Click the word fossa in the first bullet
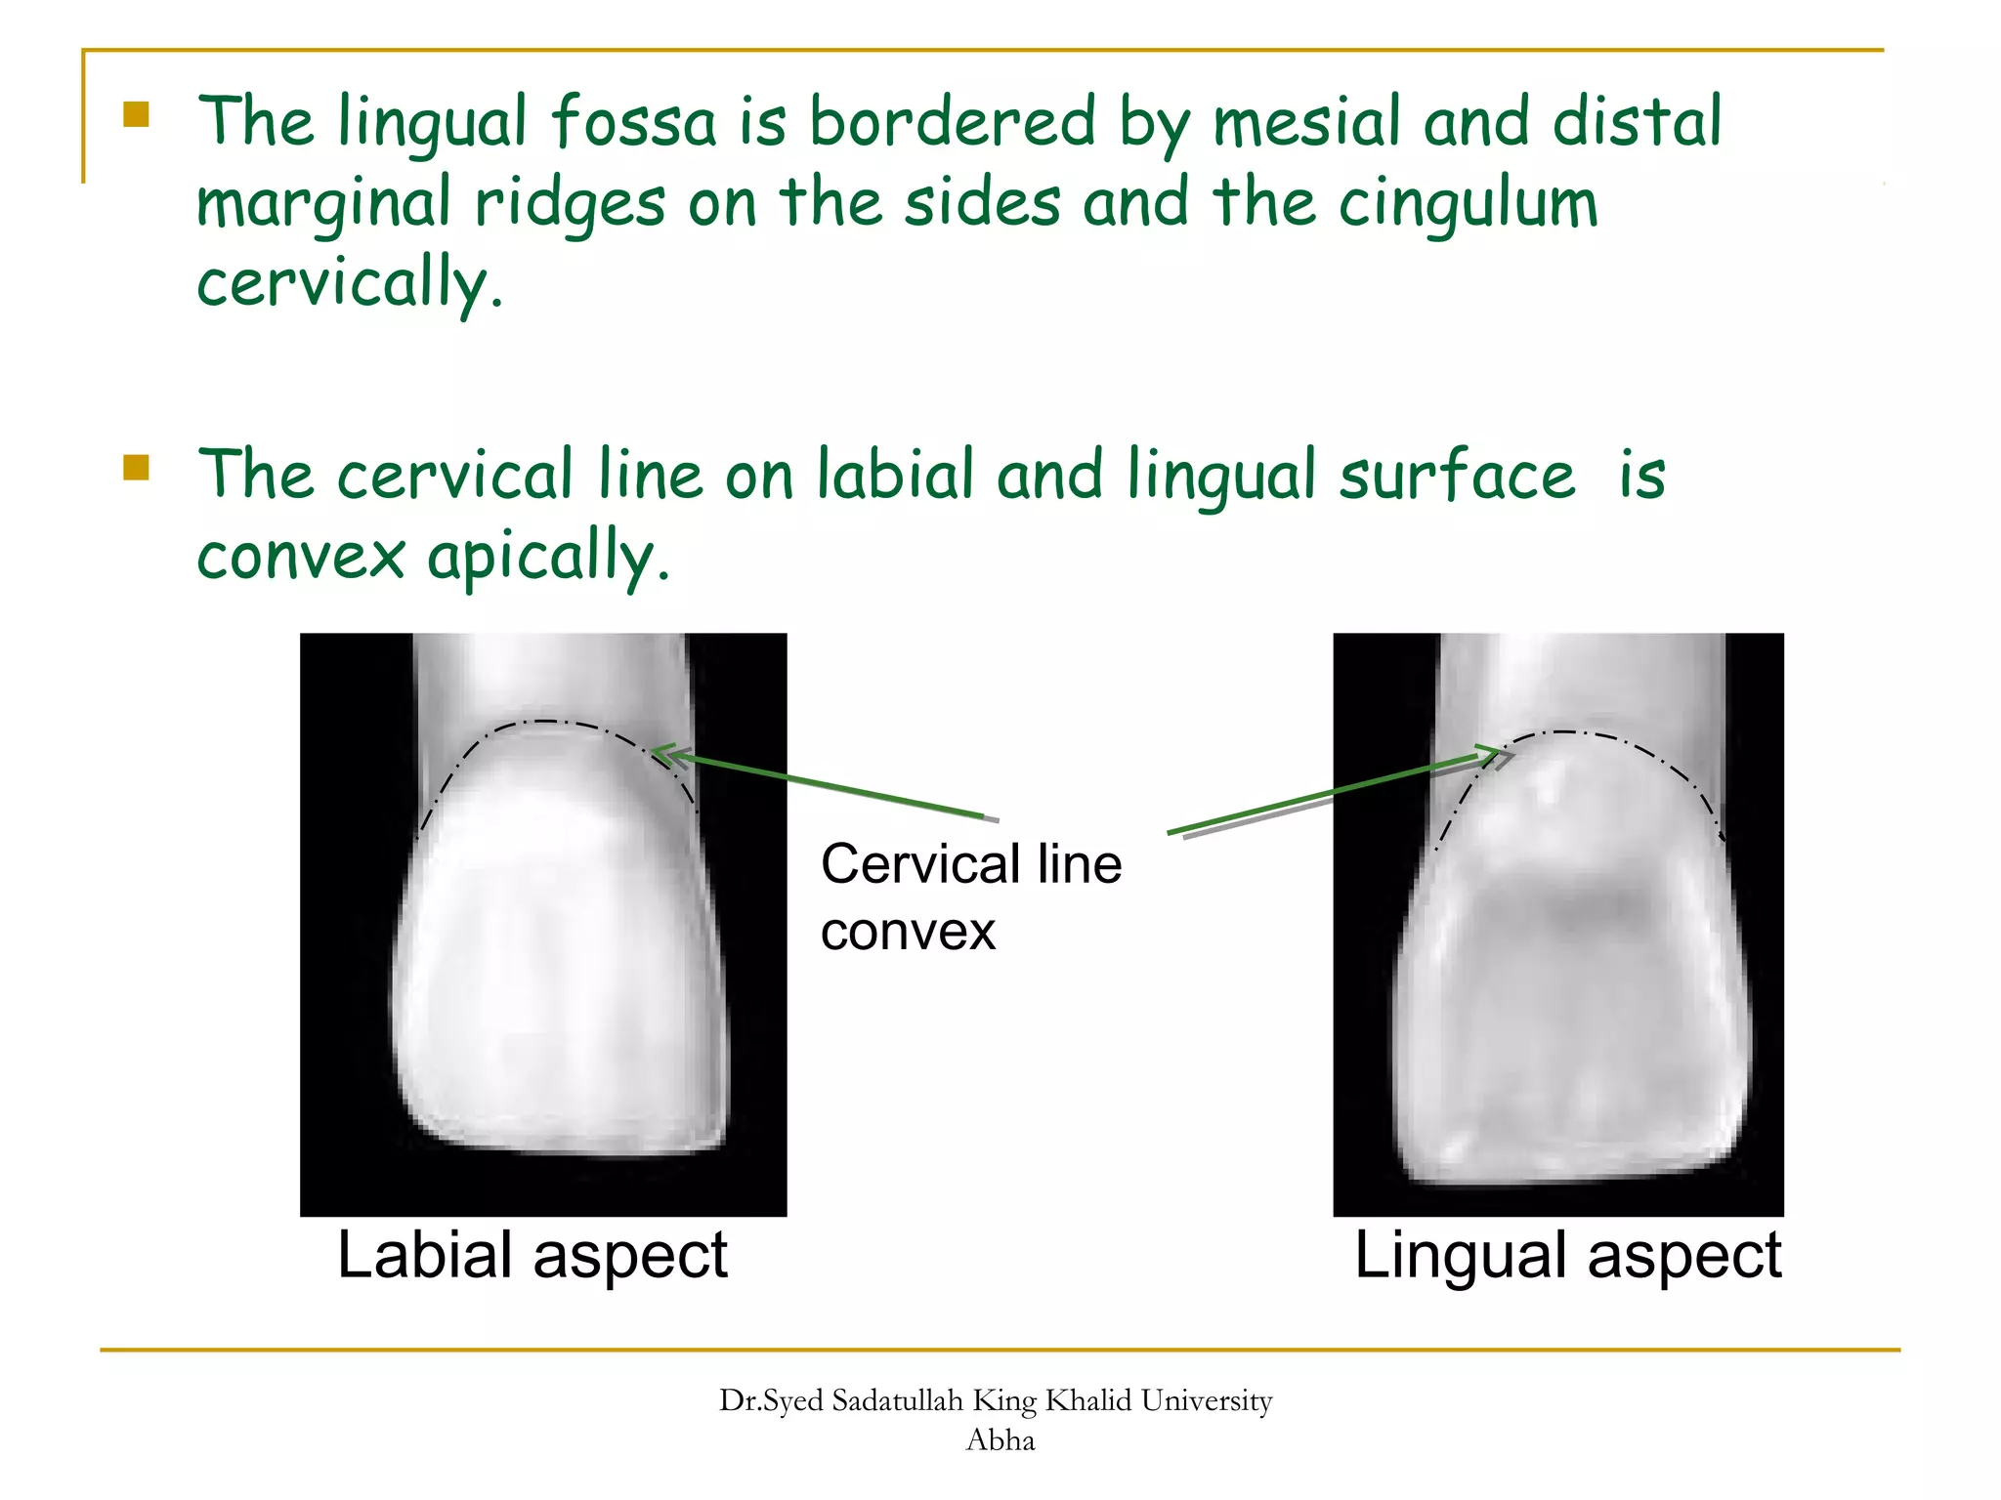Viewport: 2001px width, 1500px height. click(x=633, y=123)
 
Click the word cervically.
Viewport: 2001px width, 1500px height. click(x=350, y=283)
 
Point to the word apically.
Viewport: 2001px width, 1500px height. click(x=547, y=559)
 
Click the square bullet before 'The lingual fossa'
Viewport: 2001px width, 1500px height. click(x=137, y=115)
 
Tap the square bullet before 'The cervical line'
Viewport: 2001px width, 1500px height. click(x=137, y=468)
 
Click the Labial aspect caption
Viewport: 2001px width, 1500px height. click(x=532, y=1255)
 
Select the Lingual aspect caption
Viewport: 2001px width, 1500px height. click(x=1567, y=1255)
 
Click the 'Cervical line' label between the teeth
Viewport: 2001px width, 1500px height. click(x=970, y=864)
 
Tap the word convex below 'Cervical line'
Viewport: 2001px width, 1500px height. click(x=908, y=931)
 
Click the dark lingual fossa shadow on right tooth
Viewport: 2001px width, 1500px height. click(x=1563, y=903)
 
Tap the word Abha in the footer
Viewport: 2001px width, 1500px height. click(x=1000, y=1440)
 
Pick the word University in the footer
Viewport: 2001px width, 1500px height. click(x=1206, y=1401)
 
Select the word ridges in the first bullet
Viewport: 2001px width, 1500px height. click(x=570, y=205)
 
